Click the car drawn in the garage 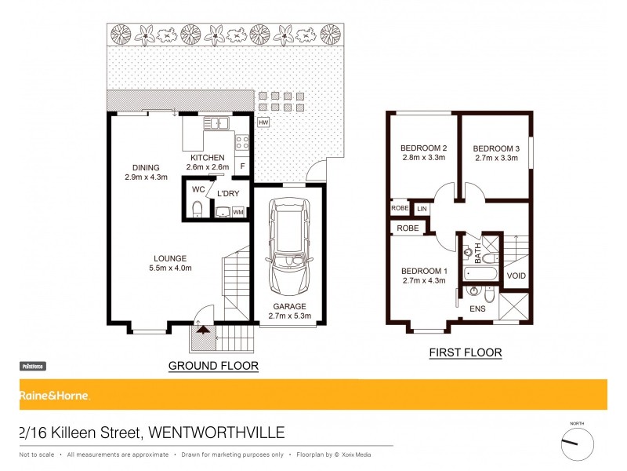pyautogui.click(x=288, y=243)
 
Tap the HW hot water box pyautogui.click(x=263, y=122)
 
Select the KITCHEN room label pyautogui.click(x=208, y=157)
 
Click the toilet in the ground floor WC pyautogui.click(x=197, y=208)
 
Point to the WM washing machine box pyautogui.click(x=238, y=211)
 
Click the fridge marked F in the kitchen pyautogui.click(x=243, y=166)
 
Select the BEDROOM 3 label pyautogui.click(x=496, y=148)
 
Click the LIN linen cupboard pyautogui.click(x=422, y=209)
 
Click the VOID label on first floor pyautogui.click(x=516, y=276)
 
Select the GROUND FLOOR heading pyautogui.click(x=214, y=366)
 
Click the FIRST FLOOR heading pyautogui.click(x=465, y=353)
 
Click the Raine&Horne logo pyautogui.click(x=55, y=396)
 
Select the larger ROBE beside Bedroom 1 pyautogui.click(x=408, y=228)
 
